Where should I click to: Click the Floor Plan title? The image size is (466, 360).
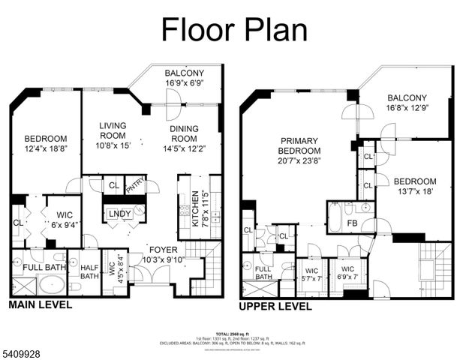coord(234,29)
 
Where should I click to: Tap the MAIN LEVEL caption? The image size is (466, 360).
coord(41,304)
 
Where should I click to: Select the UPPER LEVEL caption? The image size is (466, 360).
coord(275,306)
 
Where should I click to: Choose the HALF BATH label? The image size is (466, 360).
coord(89,271)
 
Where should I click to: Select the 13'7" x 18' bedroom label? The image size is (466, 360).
coord(415,187)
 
